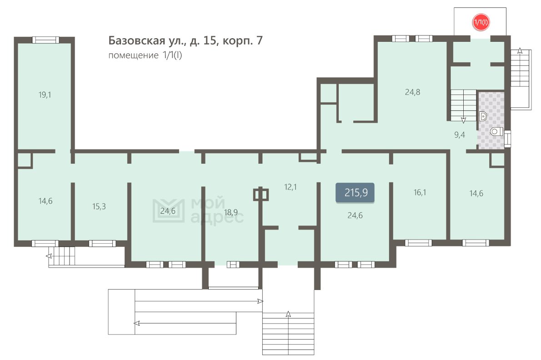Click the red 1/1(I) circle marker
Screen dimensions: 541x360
[x=481, y=22]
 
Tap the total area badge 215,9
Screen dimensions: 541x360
[x=355, y=192]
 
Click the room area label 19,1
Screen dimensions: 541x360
[x=45, y=95]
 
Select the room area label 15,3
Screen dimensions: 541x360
[x=99, y=206]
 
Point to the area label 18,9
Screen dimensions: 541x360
[x=231, y=212]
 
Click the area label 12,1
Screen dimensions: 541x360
[x=290, y=187]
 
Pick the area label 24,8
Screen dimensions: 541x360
[x=413, y=92]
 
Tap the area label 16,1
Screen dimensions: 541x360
[x=420, y=192]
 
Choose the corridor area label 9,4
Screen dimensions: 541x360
[x=460, y=135]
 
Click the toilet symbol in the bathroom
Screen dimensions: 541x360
[x=496, y=131]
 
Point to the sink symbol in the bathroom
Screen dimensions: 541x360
[x=483, y=116]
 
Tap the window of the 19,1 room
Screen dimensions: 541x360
[x=46, y=40]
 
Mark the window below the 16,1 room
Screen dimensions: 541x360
[x=418, y=243]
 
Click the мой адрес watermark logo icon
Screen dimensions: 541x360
[x=168, y=210]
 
